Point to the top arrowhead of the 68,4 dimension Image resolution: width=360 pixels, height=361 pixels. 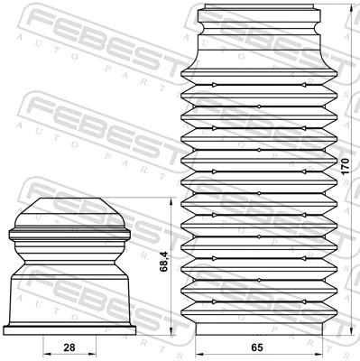click(x=172, y=200)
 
